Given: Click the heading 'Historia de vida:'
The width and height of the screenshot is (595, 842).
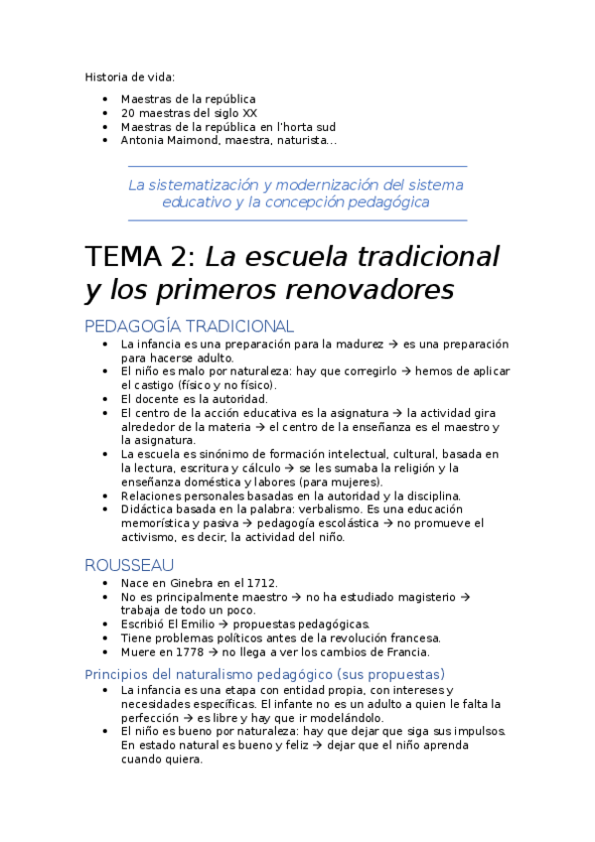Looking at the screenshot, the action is tap(130, 76).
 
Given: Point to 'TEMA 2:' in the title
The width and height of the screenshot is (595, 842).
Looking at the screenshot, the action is tap(141, 256).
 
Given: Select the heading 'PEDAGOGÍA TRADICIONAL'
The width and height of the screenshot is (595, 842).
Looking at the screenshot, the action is tap(189, 326).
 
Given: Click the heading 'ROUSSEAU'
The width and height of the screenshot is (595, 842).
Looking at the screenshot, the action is tap(129, 564).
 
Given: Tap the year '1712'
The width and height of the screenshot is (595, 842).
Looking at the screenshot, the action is tap(262, 583).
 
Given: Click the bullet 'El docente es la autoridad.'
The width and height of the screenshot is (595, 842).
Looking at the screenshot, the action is tap(194, 399).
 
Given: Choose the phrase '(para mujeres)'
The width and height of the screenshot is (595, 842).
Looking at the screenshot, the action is tap(347, 482).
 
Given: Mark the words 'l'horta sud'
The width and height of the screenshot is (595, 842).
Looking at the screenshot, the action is tap(308, 127).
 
